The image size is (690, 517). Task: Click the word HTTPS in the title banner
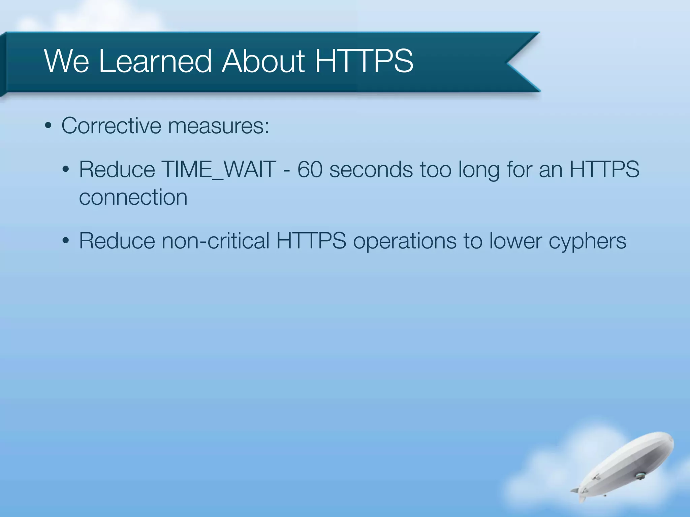(x=364, y=61)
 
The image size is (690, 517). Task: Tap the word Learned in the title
(x=155, y=61)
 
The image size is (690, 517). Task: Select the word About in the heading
(x=263, y=61)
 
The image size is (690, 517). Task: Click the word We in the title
(x=66, y=61)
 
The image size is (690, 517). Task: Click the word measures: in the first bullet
(x=219, y=126)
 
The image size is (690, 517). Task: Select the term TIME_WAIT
(x=219, y=169)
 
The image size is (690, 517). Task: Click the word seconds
(x=371, y=169)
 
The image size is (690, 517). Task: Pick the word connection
(x=133, y=197)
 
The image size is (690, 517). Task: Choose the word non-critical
(x=216, y=241)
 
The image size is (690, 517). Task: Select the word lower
(x=515, y=241)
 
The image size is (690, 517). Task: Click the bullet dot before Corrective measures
(x=48, y=126)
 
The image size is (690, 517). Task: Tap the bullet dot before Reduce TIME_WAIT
(x=66, y=169)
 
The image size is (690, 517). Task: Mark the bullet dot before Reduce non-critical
(x=66, y=241)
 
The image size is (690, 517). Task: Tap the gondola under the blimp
(x=639, y=476)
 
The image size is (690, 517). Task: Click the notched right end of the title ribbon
(x=515, y=62)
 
